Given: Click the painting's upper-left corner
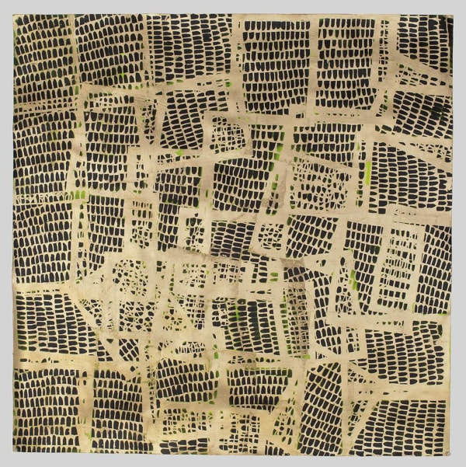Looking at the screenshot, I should click(14, 14).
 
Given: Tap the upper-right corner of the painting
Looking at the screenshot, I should click(453, 15).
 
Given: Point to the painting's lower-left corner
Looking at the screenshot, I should click(13, 454).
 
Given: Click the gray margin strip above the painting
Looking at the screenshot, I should click(233, 6).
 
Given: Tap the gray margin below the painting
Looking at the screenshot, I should click(233, 461).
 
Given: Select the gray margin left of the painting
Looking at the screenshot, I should click(6, 233).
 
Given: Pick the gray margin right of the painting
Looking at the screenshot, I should click(459, 233).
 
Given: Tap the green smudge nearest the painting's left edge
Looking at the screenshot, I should click(78, 194).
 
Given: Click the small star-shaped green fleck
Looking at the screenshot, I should click(180, 152).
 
